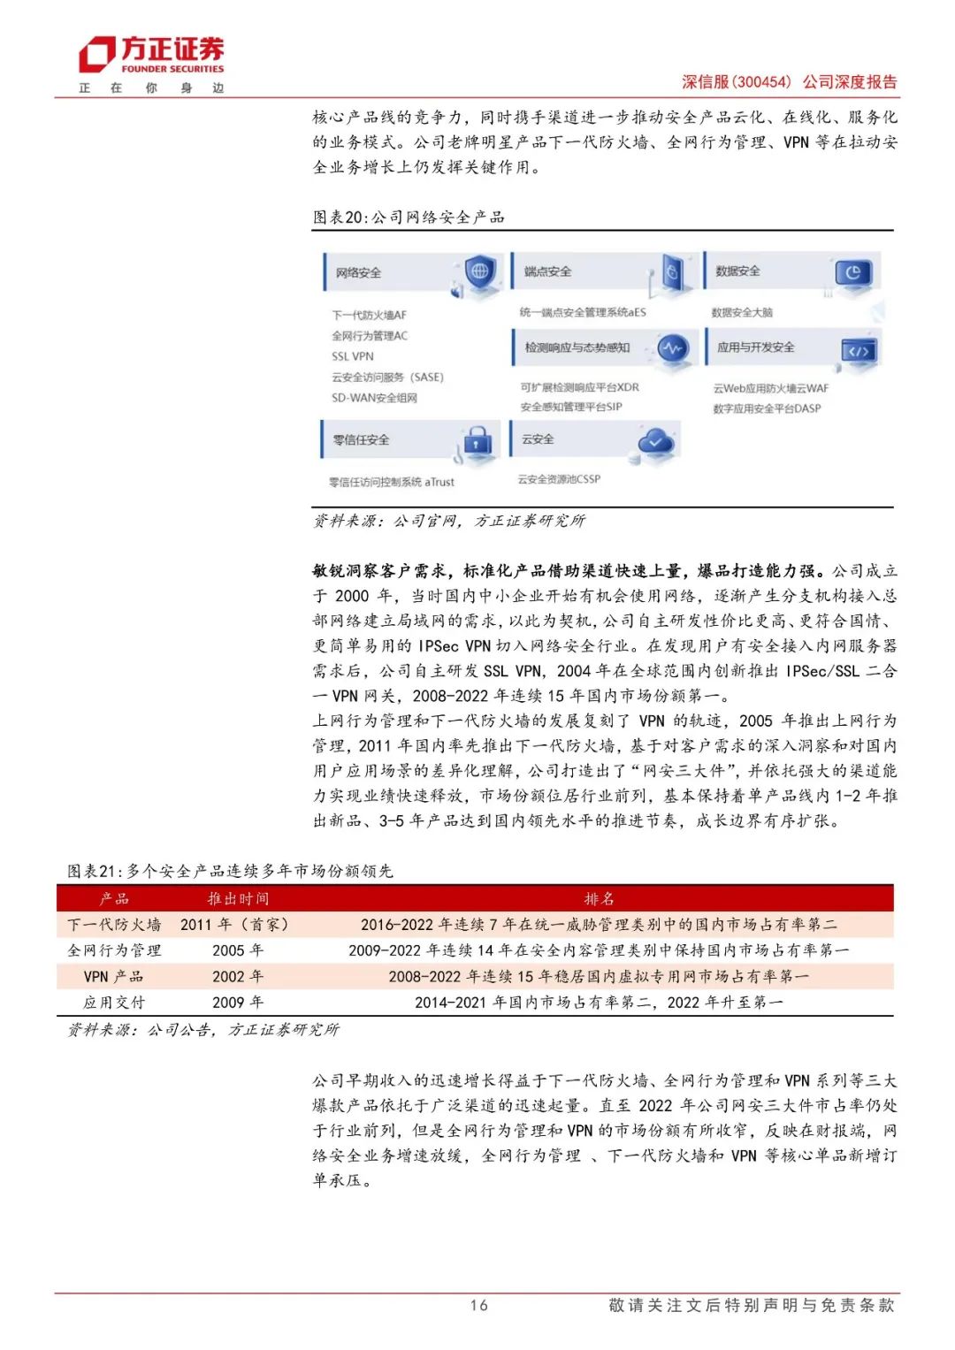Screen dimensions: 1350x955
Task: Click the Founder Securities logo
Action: [151, 55]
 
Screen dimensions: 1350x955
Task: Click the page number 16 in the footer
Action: [478, 1305]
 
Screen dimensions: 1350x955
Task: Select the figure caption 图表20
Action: [408, 217]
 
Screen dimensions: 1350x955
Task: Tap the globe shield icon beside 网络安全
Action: [479, 271]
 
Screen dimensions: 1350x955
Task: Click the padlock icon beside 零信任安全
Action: [477, 439]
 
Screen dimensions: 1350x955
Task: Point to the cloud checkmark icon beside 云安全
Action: [657, 439]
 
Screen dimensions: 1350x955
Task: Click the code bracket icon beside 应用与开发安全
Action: [858, 351]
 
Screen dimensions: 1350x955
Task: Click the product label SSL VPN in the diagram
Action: [353, 356]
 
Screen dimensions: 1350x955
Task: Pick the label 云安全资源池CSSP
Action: [559, 479]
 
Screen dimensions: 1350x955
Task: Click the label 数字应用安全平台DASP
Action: [767, 408]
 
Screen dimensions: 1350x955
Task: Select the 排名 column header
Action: [599, 899]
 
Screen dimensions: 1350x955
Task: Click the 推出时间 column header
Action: [238, 899]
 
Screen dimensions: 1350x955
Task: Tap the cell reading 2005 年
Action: [238, 950]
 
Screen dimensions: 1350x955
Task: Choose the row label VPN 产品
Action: [114, 977]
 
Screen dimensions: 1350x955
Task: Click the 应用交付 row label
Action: [114, 1003]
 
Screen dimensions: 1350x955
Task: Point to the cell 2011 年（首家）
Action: [236, 925]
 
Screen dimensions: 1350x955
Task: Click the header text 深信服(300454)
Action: [737, 82]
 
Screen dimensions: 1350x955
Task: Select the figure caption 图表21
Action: [230, 872]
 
